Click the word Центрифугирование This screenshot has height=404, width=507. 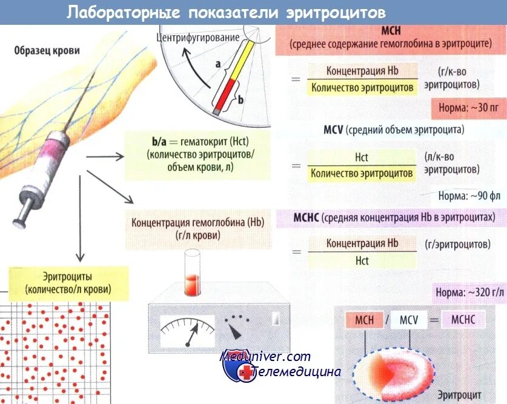click(x=197, y=38)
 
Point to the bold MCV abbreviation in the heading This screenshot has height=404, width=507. click(x=333, y=130)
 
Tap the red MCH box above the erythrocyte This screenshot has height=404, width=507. click(x=364, y=320)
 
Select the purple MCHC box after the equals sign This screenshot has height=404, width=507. click(x=463, y=320)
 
